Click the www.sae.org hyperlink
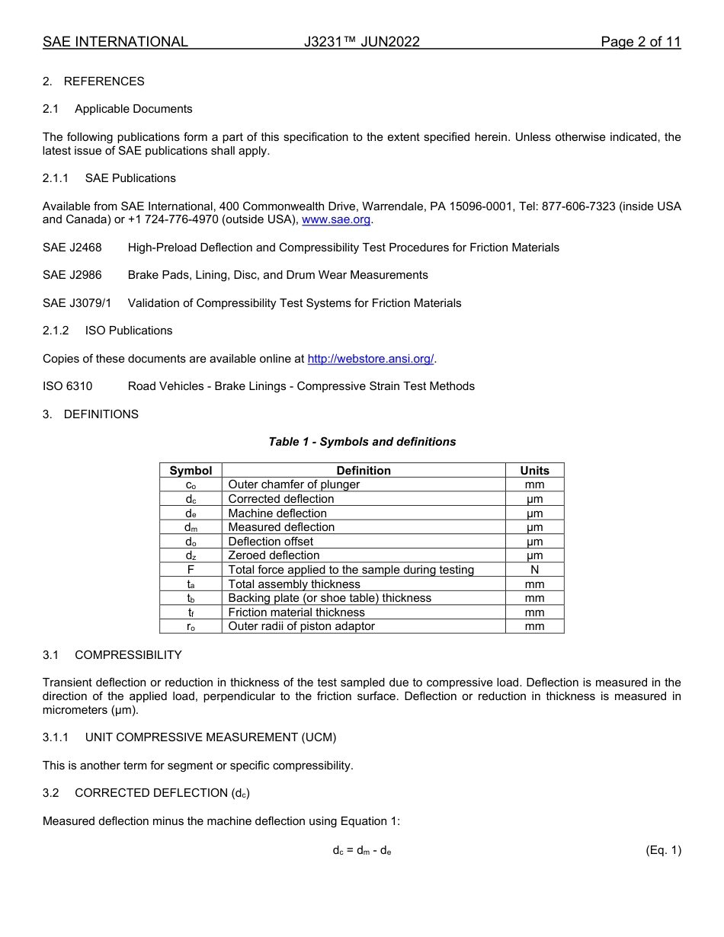point(336,220)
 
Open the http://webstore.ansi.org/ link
point(370,359)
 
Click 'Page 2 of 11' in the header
point(640,42)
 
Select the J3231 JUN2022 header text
point(361,42)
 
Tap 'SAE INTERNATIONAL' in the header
point(115,42)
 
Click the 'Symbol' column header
point(191,471)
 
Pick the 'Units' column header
point(534,471)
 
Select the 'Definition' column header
point(364,471)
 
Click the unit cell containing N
point(534,570)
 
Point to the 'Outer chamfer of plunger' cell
point(294,484)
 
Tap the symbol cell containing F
point(191,570)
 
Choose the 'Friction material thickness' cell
point(296,612)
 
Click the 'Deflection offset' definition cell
point(271,542)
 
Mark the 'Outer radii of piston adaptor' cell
point(302,626)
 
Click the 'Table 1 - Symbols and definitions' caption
point(362,442)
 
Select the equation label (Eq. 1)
point(662,851)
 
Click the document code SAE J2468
point(72,248)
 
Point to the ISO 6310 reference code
point(68,386)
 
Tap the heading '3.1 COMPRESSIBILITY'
point(112,655)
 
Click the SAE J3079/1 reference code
point(77,303)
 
